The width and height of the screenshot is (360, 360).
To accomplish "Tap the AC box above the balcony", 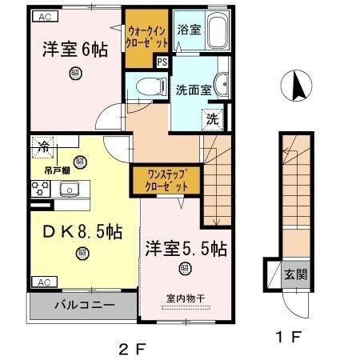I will click(43, 281).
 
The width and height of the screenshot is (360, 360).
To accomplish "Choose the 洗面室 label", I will click(193, 90).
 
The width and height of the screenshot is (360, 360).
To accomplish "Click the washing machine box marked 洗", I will click(212, 119).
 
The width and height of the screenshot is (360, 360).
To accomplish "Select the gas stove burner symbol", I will click(40, 190).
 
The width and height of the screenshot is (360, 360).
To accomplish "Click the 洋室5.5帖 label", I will click(186, 249).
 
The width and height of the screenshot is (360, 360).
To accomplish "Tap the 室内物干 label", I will click(186, 298).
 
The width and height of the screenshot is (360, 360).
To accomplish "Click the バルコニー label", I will click(84, 305).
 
